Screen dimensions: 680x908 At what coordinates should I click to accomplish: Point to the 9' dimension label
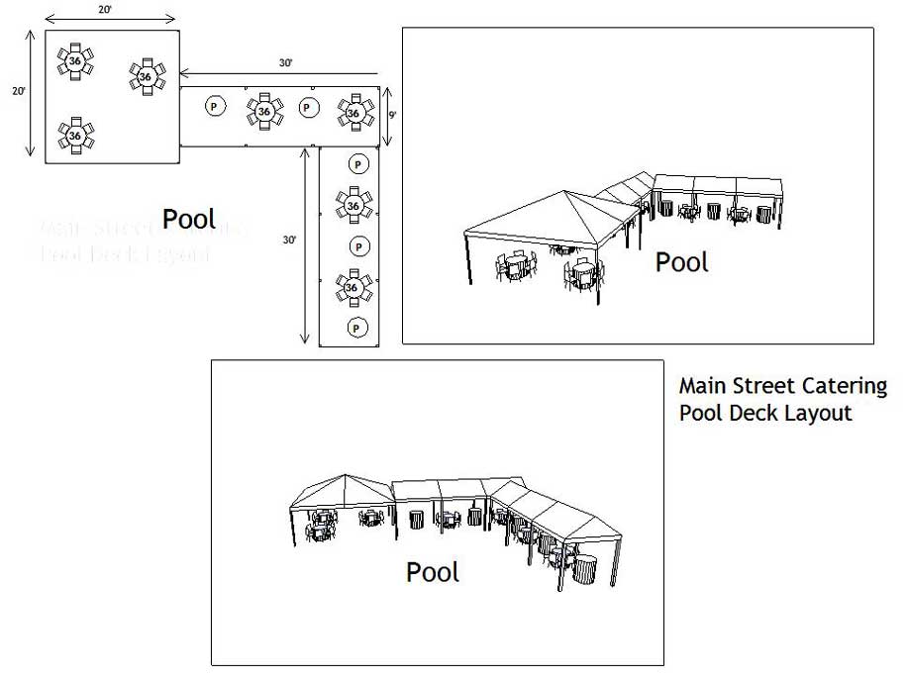pos(392,115)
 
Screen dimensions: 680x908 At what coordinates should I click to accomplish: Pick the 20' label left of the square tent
pos(18,91)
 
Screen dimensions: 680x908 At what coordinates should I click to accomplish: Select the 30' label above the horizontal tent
pos(285,63)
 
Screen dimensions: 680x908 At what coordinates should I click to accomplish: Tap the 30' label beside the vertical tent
pos(289,240)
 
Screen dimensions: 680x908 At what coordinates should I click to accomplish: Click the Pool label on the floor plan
pos(189,219)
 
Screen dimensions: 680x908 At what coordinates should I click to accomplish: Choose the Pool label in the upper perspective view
pos(682,262)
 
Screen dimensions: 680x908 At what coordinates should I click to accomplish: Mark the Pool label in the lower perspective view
pos(433,572)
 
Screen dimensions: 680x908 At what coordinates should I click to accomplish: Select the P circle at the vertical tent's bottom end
pos(354,327)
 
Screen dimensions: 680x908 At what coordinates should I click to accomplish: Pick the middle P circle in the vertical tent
pos(355,245)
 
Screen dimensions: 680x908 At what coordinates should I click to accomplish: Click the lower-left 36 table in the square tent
pos(75,136)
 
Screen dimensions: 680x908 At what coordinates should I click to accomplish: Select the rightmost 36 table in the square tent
pos(146,75)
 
